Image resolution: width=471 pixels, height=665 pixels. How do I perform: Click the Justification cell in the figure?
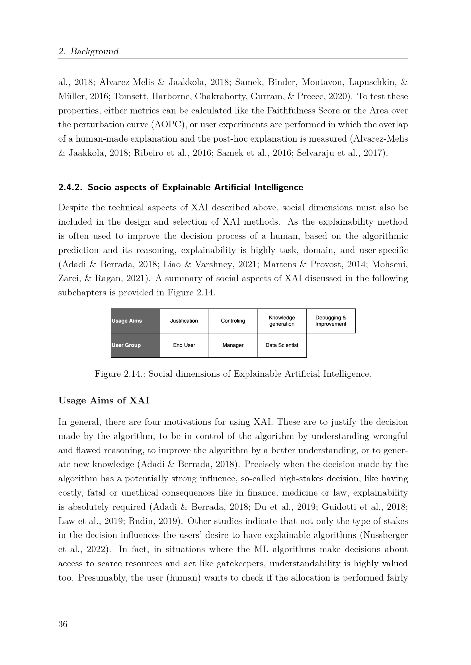(x=184, y=321)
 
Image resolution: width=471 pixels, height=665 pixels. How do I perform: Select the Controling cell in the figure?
(x=233, y=321)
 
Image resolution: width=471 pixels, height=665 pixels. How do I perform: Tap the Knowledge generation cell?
(x=282, y=321)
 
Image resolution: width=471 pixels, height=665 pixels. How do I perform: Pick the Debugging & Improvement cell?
(x=331, y=321)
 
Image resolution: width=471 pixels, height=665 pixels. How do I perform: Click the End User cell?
(x=184, y=345)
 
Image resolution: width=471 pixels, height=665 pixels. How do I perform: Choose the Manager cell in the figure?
(x=233, y=345)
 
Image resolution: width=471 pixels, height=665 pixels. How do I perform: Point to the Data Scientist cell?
(x=282, y=345)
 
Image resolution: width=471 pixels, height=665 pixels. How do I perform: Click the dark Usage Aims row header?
(x=135, y=321)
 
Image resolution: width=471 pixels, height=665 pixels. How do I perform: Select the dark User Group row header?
(x=135, y=345)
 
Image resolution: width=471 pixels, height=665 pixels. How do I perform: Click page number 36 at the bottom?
(x=63, y=624)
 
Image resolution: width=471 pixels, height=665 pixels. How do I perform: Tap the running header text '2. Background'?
(x=89, y=51)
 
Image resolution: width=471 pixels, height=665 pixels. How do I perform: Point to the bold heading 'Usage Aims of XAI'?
(x=104, y=400)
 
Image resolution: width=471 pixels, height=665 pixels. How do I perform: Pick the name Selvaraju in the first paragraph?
(x=311, y=153)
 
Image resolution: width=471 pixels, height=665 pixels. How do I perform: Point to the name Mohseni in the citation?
(x=390, y=264)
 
